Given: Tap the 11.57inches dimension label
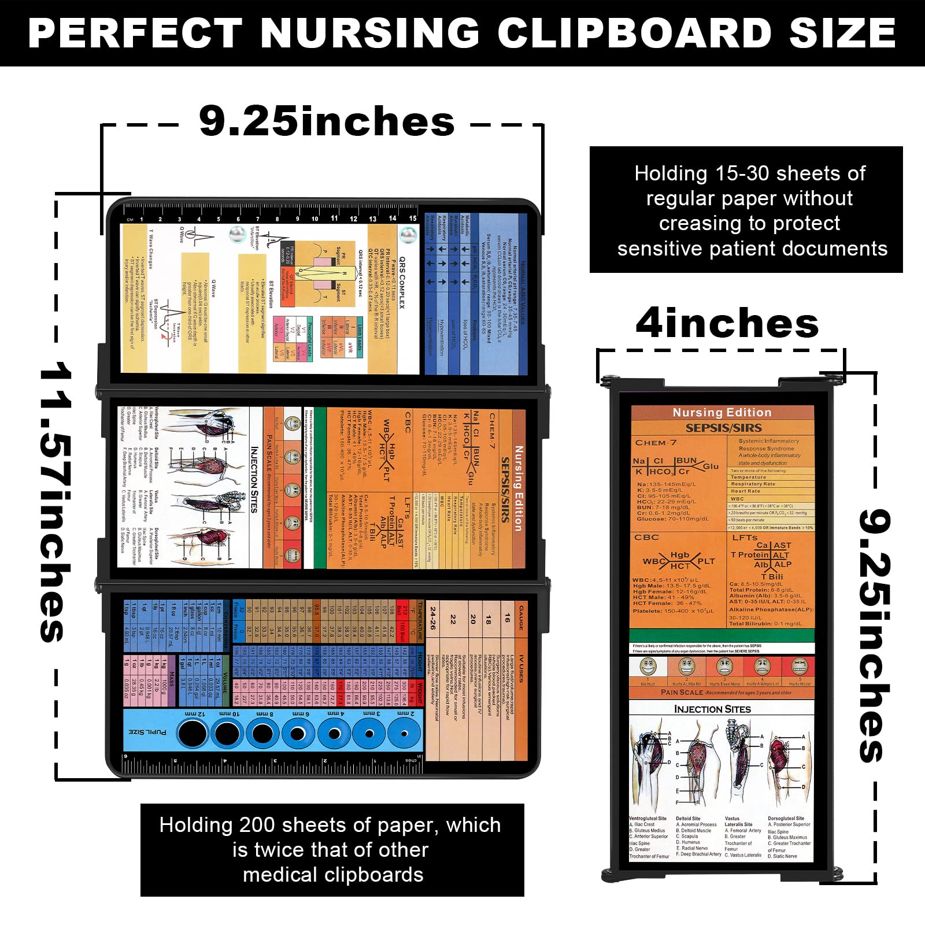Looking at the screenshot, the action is coord(57,502).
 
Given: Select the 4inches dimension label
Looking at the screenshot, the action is coord(727,323).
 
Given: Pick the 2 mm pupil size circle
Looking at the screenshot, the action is coord(404,734).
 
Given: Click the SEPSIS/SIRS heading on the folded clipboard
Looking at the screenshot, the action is coord(723,428).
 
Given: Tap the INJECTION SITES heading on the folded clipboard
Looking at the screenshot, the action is coord(712,709).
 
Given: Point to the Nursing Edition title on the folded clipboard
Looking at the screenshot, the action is coord(722,412).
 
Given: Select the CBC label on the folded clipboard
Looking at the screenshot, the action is coord(646,537).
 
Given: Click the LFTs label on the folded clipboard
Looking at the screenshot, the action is coord(745,537).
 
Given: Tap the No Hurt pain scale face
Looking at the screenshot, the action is coord(648,667).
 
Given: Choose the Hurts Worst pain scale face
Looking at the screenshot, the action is coord(800,667).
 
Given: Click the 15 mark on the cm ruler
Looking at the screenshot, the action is coord(413,218).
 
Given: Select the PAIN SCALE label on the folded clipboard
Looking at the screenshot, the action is coord(682,692).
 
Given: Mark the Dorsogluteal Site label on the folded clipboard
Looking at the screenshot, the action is coord(786,819).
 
